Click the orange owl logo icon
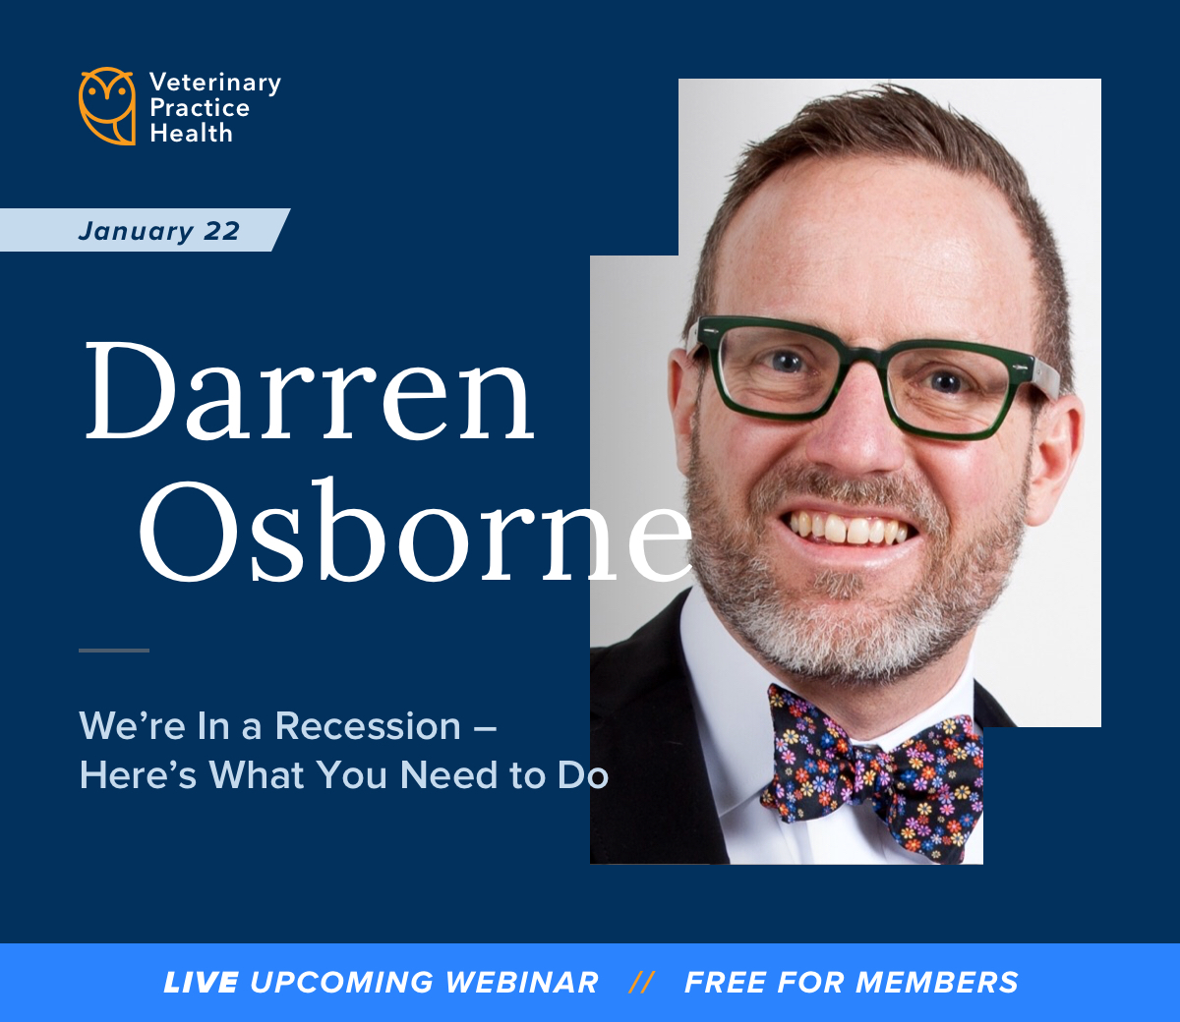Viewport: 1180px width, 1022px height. tap(107, 106)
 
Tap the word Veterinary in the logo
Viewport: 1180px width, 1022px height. tap(215, 84)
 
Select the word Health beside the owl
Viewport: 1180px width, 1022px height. tap(191, 134)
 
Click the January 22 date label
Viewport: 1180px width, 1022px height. tap(158, 231)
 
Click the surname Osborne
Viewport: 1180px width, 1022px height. tap(416, 532)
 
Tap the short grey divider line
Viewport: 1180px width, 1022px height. tap(114, 650)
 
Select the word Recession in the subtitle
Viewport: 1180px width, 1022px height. tap(368, 726)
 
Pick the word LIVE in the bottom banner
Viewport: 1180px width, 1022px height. tap(201, 982)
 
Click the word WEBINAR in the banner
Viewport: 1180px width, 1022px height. tap(521, 982)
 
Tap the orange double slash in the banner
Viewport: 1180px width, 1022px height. tap(641, 982)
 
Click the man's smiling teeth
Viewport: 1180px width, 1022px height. tap(847, 529)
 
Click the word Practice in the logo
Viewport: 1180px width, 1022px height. tap(200, 108)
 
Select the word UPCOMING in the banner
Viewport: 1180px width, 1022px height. tap(341, 982)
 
